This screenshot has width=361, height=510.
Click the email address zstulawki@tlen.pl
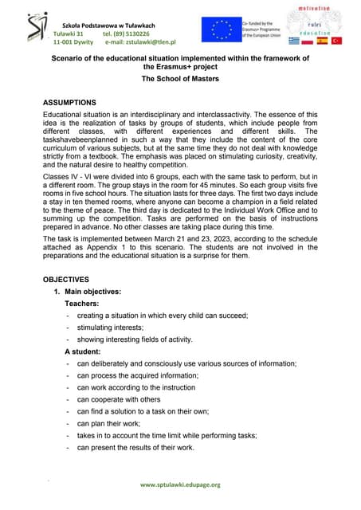(140, 41)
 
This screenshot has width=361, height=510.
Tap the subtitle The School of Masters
(179, 80)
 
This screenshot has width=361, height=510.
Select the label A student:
(84, 351)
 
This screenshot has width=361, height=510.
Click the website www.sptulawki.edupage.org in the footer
(179, 484)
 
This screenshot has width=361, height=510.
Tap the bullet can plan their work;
(108, 423)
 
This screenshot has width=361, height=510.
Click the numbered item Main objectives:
(92, 292)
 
